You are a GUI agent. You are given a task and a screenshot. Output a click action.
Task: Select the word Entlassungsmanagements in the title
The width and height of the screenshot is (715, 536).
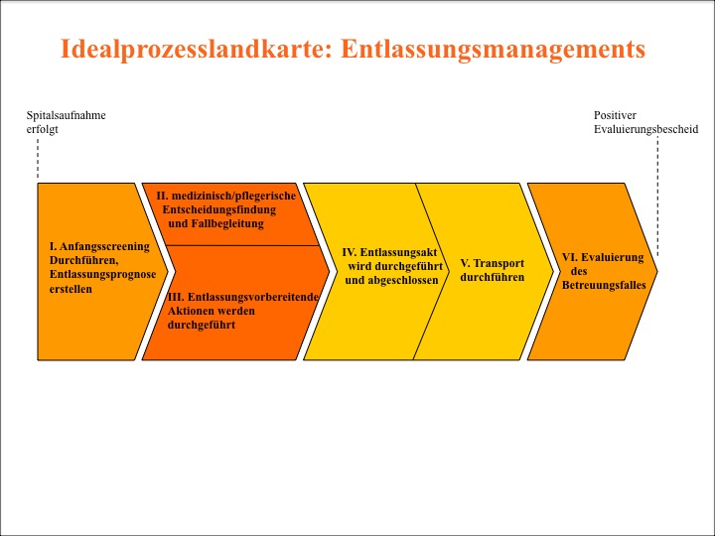[493, 50]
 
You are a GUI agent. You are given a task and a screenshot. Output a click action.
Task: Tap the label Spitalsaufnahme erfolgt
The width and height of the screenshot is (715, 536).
[66, 122]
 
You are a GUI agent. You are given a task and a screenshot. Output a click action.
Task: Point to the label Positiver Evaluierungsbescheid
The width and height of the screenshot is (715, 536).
[645, 122]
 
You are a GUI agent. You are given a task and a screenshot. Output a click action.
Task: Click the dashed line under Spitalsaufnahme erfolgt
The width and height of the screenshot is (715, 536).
[38, 158]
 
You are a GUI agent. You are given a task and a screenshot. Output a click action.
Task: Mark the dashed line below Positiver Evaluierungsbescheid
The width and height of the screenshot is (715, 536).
[657, 196]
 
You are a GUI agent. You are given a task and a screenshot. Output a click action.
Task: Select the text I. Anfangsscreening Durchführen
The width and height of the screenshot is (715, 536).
[99, 253]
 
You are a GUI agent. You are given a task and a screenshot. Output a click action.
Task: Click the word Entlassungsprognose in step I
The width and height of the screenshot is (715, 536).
[102, 274]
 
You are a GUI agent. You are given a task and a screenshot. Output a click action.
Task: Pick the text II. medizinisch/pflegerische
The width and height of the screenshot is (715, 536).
[225, 196]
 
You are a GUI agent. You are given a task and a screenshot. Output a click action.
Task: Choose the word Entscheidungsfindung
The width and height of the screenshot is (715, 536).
[218, 209]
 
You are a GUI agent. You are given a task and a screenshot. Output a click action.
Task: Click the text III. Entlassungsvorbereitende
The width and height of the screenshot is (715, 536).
[242, 297]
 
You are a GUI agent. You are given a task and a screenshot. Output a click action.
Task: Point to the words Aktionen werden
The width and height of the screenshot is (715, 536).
[212, 311]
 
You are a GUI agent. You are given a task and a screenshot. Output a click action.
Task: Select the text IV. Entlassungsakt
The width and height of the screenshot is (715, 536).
[389, 252]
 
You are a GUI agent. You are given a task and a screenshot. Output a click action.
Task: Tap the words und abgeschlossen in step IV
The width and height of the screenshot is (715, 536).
[391, 280]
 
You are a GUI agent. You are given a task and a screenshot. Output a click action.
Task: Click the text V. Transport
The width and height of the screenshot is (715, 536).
[492, 263]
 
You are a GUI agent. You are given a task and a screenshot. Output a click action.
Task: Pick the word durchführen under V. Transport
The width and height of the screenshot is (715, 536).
[492, 277]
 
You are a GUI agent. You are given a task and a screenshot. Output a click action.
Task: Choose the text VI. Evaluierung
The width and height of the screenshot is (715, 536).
[603, 257]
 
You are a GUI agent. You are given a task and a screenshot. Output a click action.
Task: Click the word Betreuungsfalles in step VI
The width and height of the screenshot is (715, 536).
[604, 285]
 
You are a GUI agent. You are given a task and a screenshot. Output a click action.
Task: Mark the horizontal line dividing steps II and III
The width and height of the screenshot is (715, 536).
[242, 246]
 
